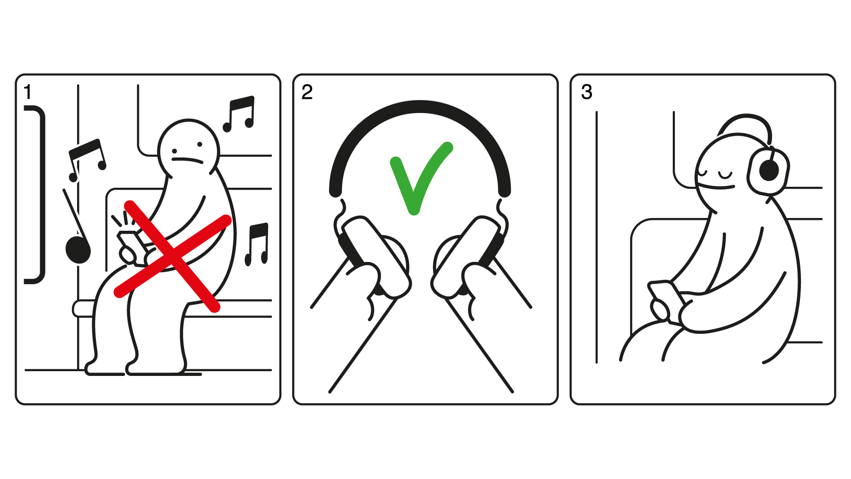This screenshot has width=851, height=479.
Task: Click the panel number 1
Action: point(28,92)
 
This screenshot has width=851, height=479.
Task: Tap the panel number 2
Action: point(307,92)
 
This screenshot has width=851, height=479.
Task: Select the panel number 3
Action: point(586,92)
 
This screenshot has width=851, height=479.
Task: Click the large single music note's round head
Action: point(78,250)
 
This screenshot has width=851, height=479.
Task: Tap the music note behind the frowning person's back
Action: point(257,244)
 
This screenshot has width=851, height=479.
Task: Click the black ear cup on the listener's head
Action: point(769,171)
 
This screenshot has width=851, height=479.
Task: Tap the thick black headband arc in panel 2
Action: point(420,107)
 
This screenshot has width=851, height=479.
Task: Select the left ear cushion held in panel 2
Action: point(376,258)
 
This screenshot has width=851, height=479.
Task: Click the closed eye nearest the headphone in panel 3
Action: point(725,176)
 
